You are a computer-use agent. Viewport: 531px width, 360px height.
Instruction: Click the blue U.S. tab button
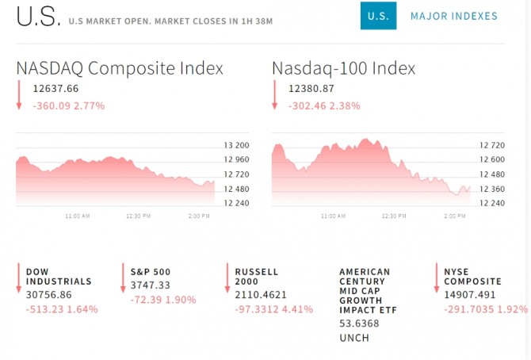[378, 16]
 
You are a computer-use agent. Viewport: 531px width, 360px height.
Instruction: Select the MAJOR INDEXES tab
[453, 16]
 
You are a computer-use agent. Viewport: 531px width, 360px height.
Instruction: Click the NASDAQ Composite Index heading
[120, 68]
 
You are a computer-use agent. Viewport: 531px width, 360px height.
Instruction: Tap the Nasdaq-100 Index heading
[343, 68]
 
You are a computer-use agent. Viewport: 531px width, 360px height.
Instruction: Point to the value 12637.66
[55, 90]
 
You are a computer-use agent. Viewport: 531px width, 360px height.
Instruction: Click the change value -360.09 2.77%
[68, 105]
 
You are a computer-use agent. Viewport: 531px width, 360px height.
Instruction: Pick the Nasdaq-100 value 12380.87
[311, 90]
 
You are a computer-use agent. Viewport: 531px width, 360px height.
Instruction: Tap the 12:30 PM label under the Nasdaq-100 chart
[394, 216]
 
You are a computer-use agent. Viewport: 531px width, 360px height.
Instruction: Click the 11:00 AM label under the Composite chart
[77, 216]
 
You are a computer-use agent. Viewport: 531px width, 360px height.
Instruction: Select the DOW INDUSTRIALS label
[59, 276]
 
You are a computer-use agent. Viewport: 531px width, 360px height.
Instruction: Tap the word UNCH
[354, 338]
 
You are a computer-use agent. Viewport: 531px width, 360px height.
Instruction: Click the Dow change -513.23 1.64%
[62, 309]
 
